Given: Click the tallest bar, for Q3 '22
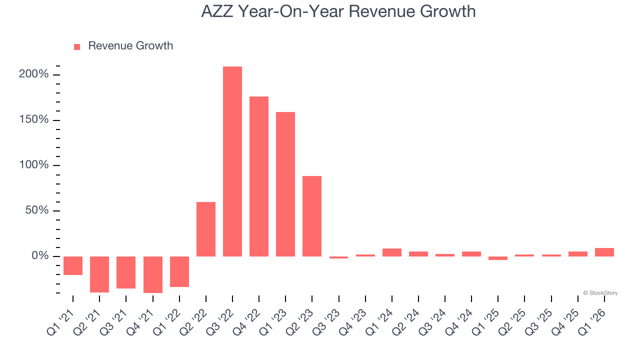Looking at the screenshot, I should click(232, 161).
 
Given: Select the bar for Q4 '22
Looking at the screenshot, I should click(259, 176).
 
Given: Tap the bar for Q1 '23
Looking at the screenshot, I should click(285, 184).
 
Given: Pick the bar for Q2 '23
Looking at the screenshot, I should click(312, 216).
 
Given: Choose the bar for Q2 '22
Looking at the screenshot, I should click(206, 229).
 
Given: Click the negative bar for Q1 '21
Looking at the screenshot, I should click(73, 265).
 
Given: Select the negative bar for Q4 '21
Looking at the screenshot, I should click(153, 274).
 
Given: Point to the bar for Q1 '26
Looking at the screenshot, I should click(604, 252).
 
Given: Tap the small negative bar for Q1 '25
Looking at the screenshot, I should click(498, 258).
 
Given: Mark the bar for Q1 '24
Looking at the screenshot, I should click(392, 252).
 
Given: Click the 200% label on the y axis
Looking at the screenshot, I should click(34, 74).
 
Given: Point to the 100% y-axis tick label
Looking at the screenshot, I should click(34, 165).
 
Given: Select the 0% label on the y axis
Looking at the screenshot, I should click(40, 256).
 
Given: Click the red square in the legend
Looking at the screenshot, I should click(77, 46).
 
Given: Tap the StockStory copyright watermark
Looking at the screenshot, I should click(600, 293).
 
